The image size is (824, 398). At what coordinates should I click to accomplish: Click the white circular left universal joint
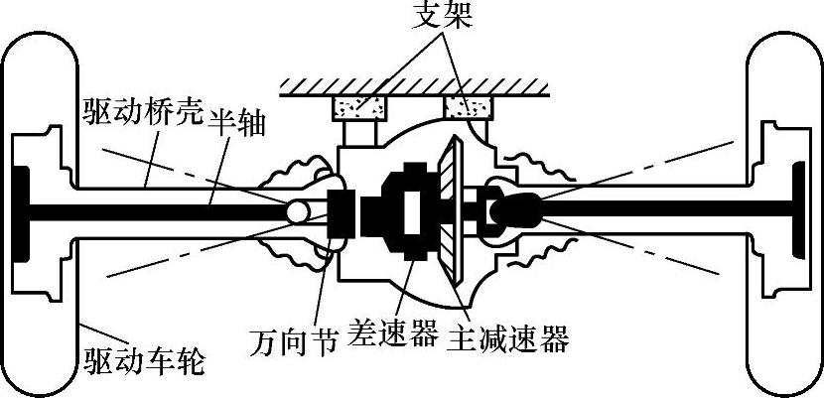pos(298,211)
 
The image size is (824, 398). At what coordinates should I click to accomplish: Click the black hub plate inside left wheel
pos(21,209)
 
